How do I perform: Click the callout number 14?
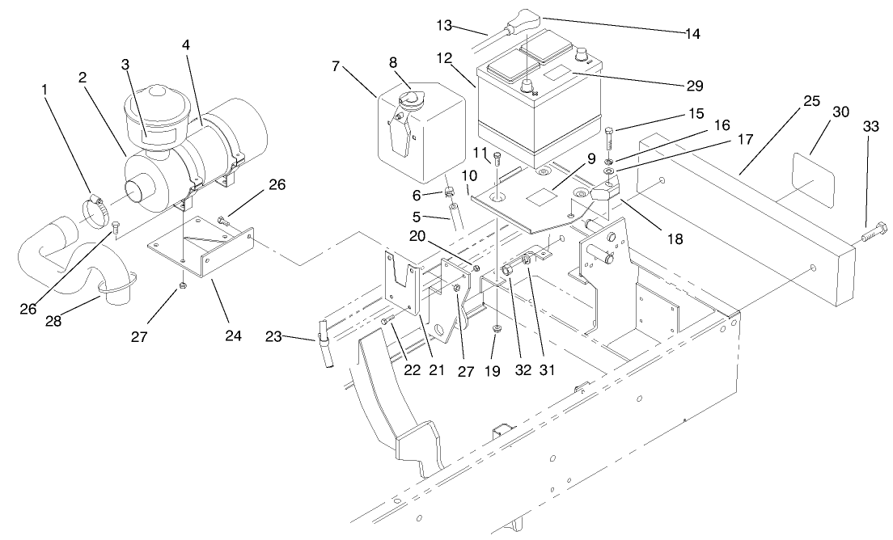coord(691,33)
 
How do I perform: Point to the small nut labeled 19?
coord(495,329)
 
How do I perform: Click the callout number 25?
coord(811,101)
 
